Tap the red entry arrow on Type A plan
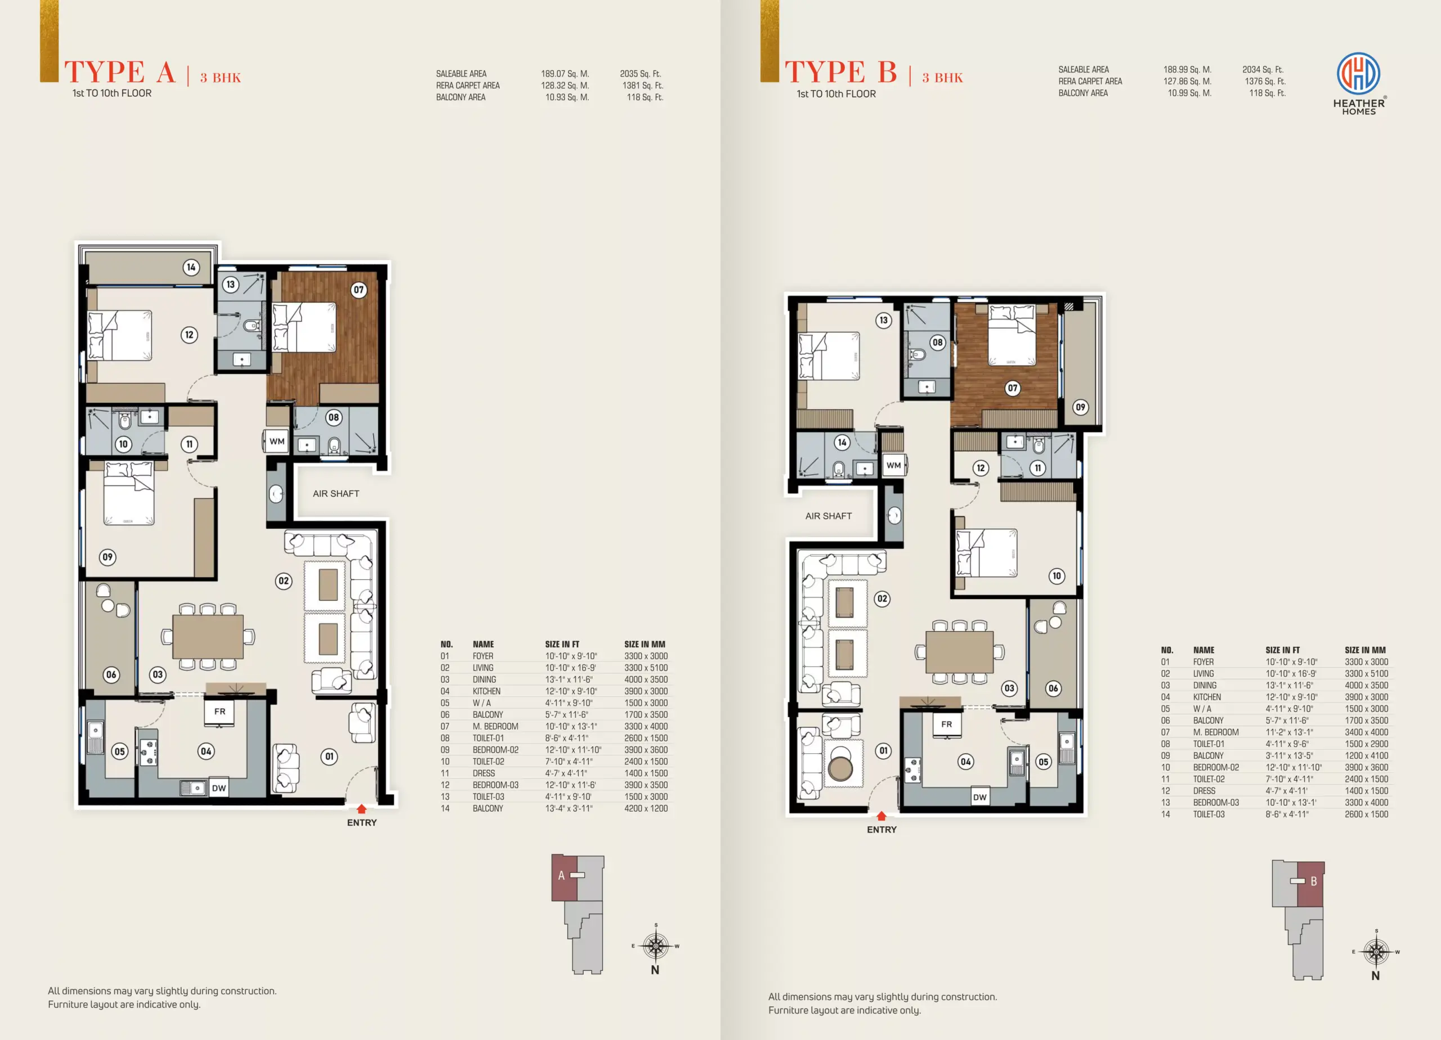tap(361, 808)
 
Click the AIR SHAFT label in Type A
tap(336, 493)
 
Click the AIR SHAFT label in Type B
tap(829, 516)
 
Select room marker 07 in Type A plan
tap(359, 290)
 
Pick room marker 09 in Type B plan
tap(1080, 407)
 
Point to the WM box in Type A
tap(276, 442)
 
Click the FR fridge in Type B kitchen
tap(947, 725)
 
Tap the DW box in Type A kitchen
tap(218, 788)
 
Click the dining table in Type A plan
tap(208, 636)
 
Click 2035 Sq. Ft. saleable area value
tap(641, 74)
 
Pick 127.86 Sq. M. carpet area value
tap(1187, 81)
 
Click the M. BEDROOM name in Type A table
tap(495, 726)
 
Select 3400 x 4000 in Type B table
tap(1366, 732)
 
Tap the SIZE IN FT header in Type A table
tap(562, 644)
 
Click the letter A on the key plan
tap(561, 876)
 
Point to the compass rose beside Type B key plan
tap(1376, 952)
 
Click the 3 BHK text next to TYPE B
tap(942, 78)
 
